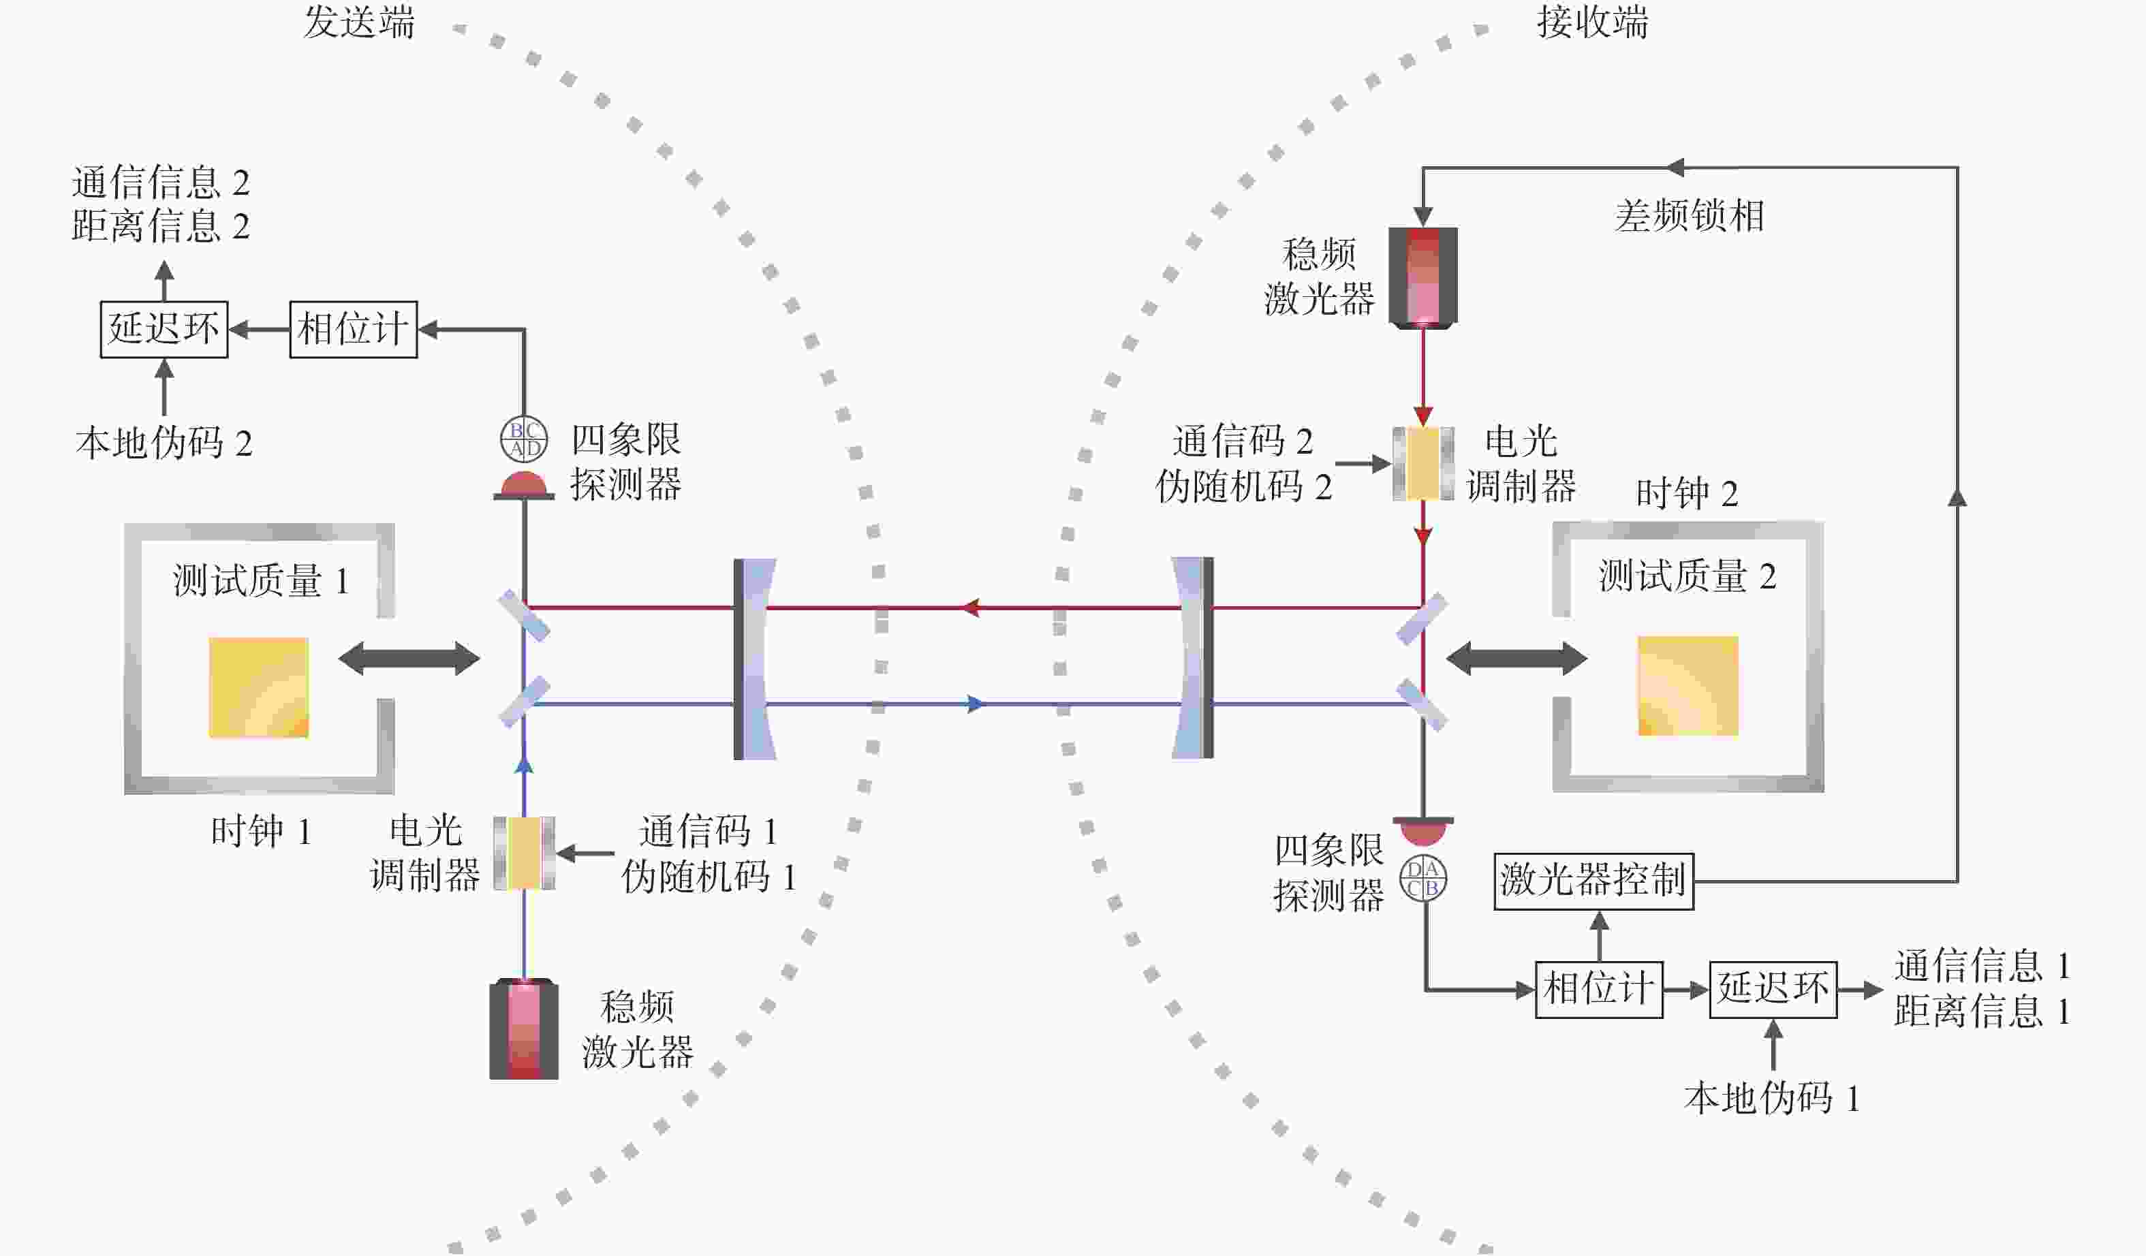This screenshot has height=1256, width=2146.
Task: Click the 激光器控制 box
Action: click(x=1593, y=881)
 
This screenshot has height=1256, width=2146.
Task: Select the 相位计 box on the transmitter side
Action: click(x=354, y=330)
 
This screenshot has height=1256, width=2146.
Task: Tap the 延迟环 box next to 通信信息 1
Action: click(x=1773, y=990)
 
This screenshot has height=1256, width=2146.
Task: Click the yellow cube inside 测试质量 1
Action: click(x=259, y=687)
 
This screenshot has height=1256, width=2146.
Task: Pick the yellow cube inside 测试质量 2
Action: click(x=1688, y=685)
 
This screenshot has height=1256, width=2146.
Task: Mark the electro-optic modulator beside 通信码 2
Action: click(x=1423, y=463)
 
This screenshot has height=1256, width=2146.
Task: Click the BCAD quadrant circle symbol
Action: click(x=524, y=439)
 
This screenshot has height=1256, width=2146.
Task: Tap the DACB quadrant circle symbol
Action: click(x=1423, y=879)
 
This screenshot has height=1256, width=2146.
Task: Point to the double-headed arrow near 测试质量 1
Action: click(x=409, y=658)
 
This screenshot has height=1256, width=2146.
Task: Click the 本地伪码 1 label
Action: click(x=1771, y=1099)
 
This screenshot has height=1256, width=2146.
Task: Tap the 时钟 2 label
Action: click(x=1687, y=494)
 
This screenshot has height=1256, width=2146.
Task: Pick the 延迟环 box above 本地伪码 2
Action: click(x=164, y=330)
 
